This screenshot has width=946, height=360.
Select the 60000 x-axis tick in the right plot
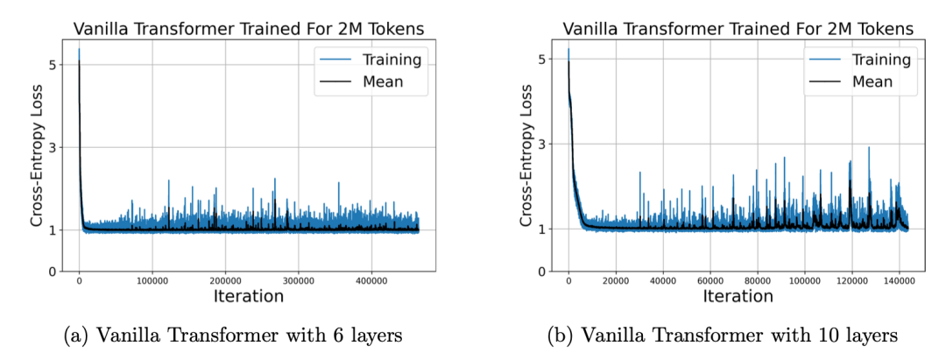[x=710, y=282]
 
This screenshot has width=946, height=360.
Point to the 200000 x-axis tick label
[x=225, y=282]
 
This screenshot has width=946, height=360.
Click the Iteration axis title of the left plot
[x=249, y=297]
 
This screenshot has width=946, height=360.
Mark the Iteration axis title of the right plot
[x=738, y=297]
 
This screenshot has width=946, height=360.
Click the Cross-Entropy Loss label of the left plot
[x=37, y=157]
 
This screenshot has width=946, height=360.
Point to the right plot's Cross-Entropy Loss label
[x=526, y=157]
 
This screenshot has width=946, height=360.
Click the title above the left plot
[x=249, y=28]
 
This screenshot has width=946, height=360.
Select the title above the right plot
[x=738, y=28]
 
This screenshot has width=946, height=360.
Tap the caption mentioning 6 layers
[x=233, y=335]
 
